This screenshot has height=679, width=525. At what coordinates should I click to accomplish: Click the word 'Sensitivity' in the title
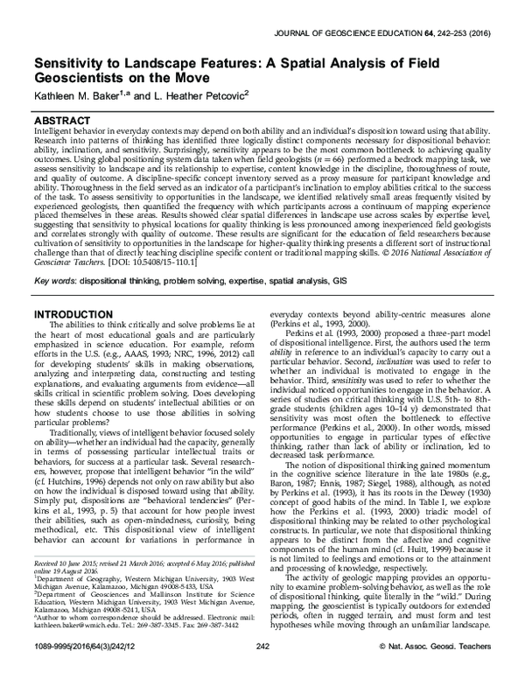[68, 64]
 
